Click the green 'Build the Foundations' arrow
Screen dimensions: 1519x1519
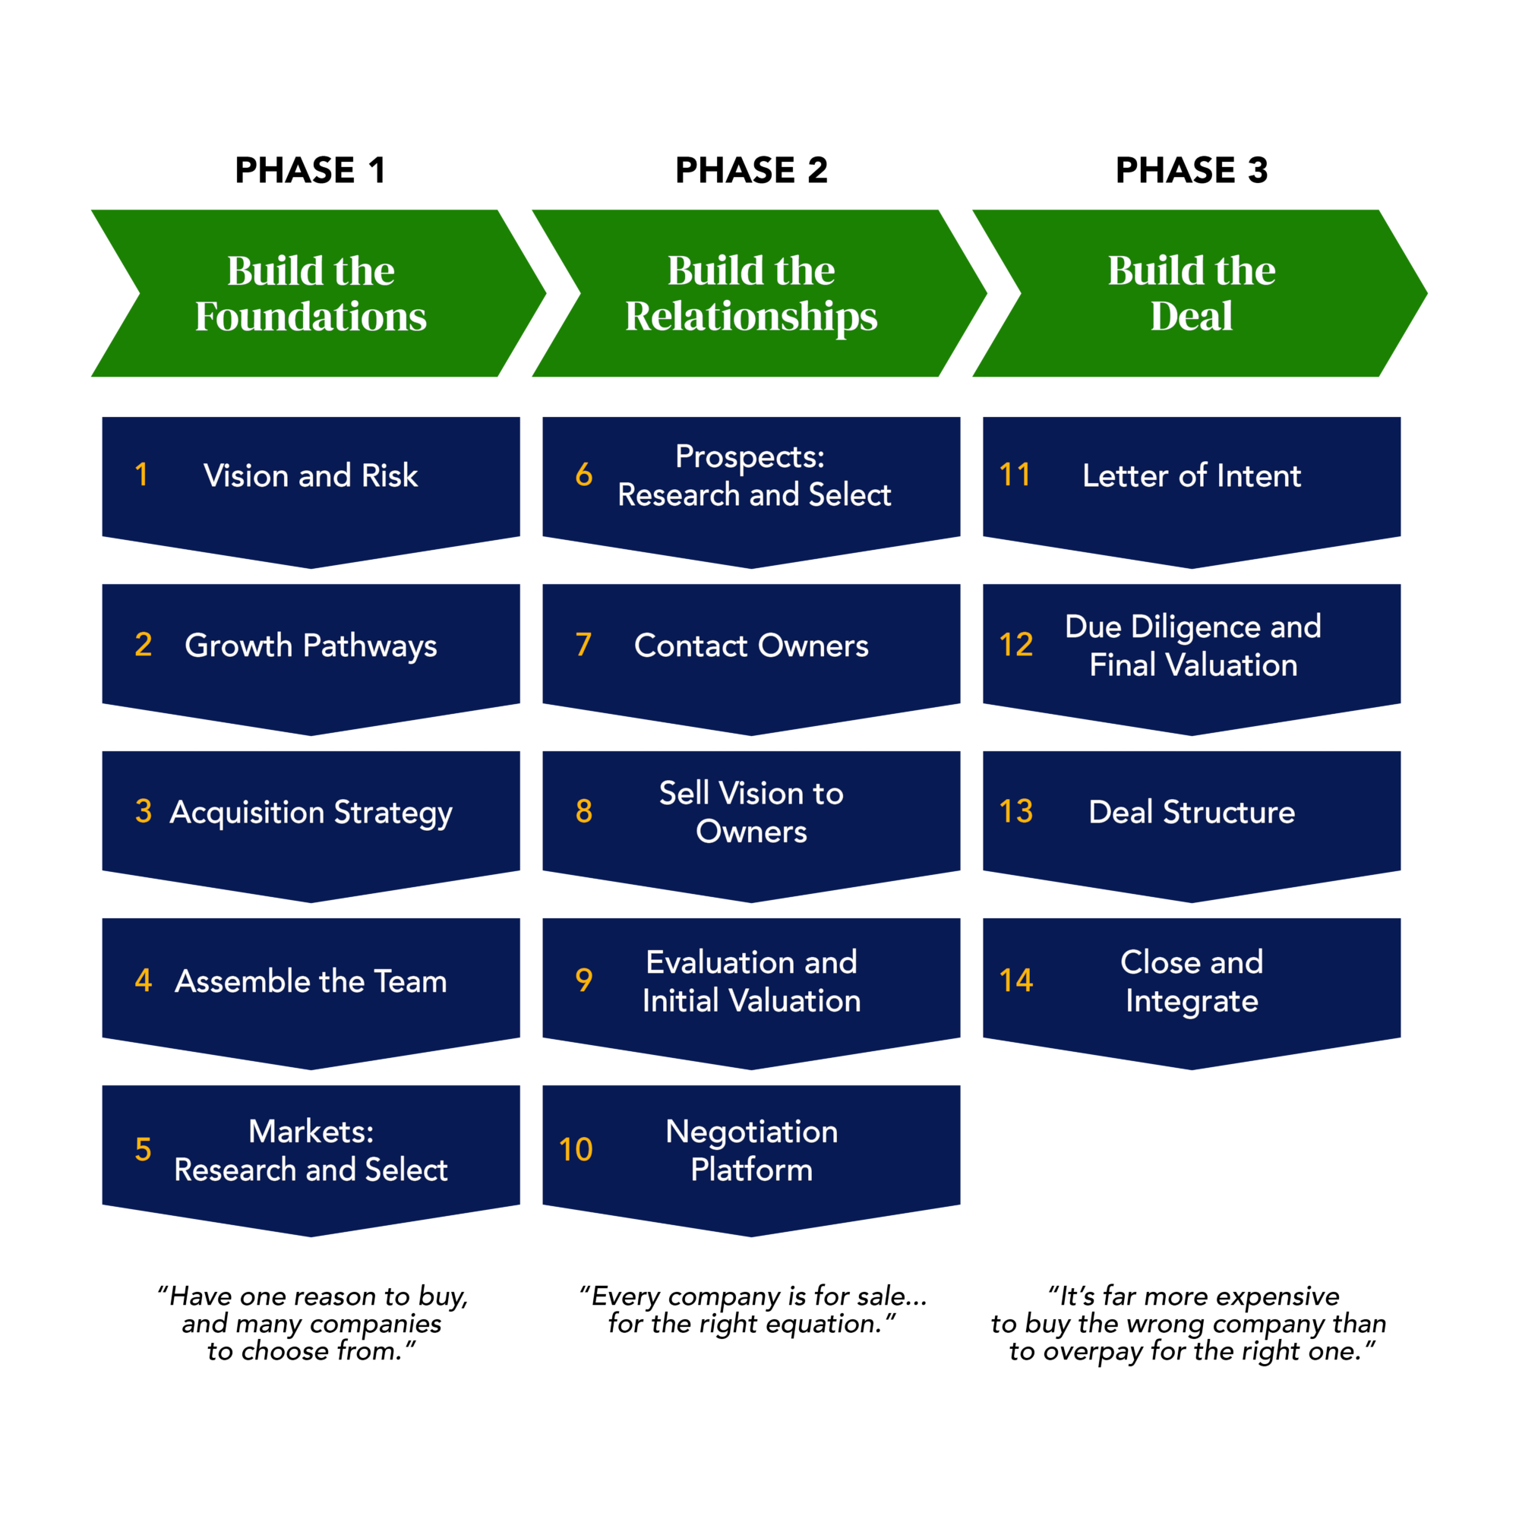click(x=311, y=293)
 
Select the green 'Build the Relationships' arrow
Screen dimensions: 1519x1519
click(x=751, y=293)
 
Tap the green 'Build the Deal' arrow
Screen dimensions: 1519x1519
click(x=1191, y=293)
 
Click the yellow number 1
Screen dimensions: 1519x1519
click(x=141, y=475)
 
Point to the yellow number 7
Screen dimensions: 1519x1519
click(x=583, y=645)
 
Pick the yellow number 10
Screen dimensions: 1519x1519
click(x=576, y=1149)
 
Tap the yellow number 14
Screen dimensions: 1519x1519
click(x=1015, y=981)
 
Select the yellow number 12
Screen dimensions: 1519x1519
click(x=1015, y=645)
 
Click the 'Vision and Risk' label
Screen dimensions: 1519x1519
click(x=311, y=475)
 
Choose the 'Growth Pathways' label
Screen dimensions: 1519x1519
click(x=311, y=646)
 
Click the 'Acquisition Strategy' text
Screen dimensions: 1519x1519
click(x=311, y=812)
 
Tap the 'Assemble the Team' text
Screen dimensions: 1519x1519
click(x=311, y=981)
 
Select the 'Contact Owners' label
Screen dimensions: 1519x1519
click(x=751, y=646)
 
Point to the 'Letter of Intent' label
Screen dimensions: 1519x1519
click(x=1191, y=475)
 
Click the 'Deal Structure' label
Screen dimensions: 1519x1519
click(x=1191, y=812)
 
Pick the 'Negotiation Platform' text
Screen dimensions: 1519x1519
click(x=751, y=1150)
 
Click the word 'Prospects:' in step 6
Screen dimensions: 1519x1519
click(x=750, y=456)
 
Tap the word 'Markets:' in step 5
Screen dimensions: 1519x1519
click(x=311, y=1132)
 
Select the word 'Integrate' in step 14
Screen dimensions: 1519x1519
click(x=1191, y=1001)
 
